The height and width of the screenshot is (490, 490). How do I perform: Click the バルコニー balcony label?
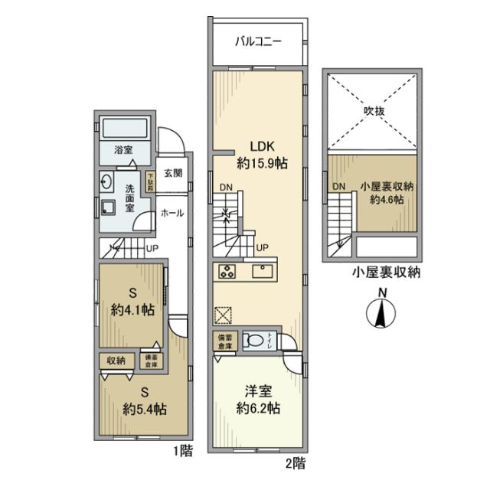pos(256,41)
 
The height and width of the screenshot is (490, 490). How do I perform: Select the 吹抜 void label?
pos(374,111)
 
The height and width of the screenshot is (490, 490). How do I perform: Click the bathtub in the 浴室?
pos(127,128)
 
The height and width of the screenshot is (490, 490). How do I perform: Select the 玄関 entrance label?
pos(173,173)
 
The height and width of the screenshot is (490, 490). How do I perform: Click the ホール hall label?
pos(171,214)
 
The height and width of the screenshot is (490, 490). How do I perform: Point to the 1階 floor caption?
pos(182,452)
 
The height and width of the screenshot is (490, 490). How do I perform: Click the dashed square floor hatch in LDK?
pos(223,315)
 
